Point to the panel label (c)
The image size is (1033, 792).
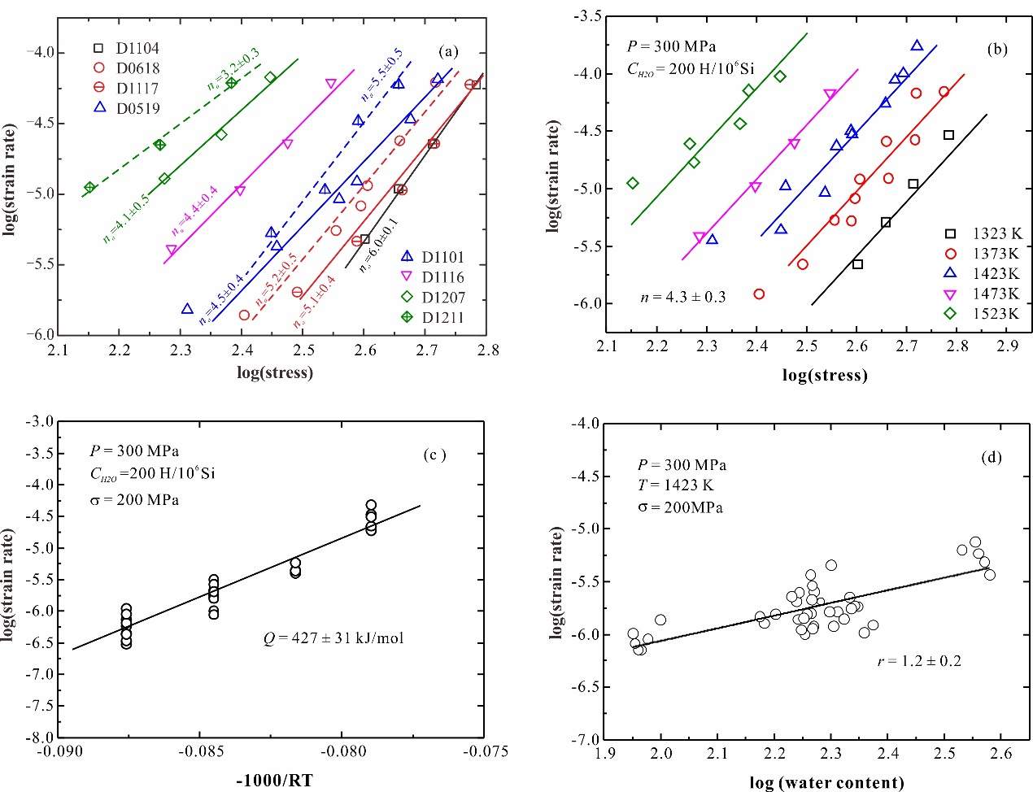coord(434,455)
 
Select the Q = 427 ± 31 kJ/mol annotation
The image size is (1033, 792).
coord(333,638)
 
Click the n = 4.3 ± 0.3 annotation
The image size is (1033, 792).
coord(683,297)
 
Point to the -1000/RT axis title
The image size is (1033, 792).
coord(274,781)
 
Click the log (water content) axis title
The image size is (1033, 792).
coord(826,783)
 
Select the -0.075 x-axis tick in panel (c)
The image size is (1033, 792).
coord(486,752)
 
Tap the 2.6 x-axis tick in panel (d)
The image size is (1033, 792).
coord(1000,754)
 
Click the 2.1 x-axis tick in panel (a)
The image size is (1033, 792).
coord(58,350)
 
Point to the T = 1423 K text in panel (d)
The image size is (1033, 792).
coord(675,485)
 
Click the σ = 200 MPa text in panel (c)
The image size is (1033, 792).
coord(134,500)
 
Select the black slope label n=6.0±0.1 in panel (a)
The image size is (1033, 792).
coord(379,244)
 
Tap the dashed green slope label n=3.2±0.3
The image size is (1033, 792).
coord(233,68)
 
